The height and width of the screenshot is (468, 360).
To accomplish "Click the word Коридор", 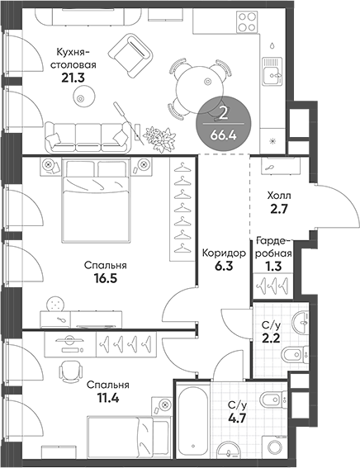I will [x=224, y=253].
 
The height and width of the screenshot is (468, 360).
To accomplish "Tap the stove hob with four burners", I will [x=247, y=21].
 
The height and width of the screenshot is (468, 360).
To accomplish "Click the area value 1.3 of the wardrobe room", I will [x=271, y=267].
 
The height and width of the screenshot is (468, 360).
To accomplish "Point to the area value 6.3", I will [x=224, y=267].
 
